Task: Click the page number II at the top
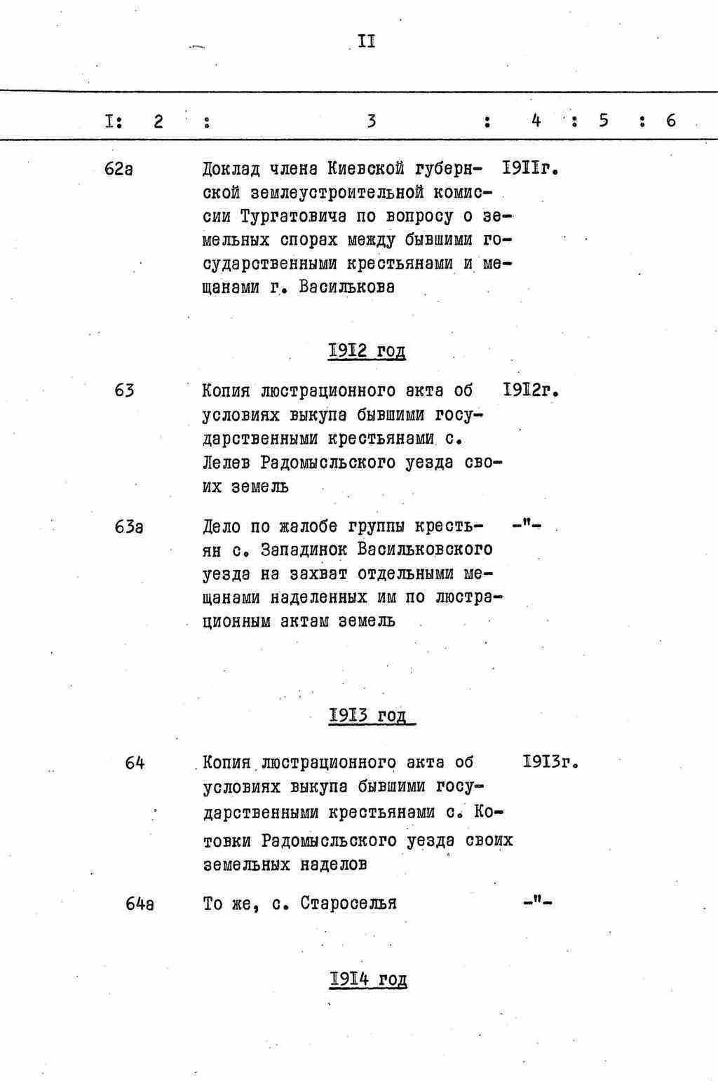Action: (x=367, y=41)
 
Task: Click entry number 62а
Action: (x=118, y=169)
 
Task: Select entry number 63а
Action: (x=129, y=526)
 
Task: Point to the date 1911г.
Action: (x=530, y=169)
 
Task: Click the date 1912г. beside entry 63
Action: (x=530, y=390)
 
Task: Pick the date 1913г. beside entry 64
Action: (x=550, y=762)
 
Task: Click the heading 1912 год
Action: (x=367, y=351)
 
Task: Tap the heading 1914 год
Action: (x=368, y=979)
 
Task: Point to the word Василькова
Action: (x=346, y=287)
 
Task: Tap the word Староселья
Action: (x=348, y=904)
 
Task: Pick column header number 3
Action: (x=371, y=121)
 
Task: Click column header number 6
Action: (x=671, y=121)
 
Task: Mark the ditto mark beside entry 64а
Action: (x=538, y=903)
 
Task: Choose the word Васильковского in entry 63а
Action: (x=424, y=550)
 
